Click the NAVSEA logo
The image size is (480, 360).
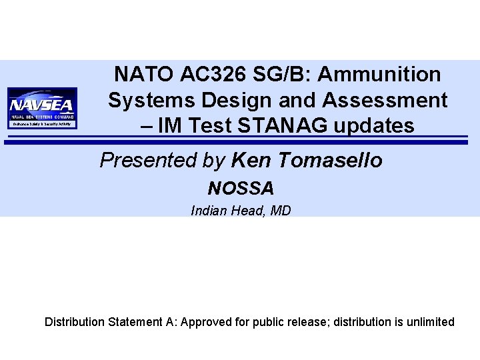click(43, 107)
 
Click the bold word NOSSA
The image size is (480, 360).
click(241, 187)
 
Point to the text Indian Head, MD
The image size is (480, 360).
click(241, 211)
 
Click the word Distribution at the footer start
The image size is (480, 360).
click(75, 322)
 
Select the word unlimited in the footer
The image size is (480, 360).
click(429, 322)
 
